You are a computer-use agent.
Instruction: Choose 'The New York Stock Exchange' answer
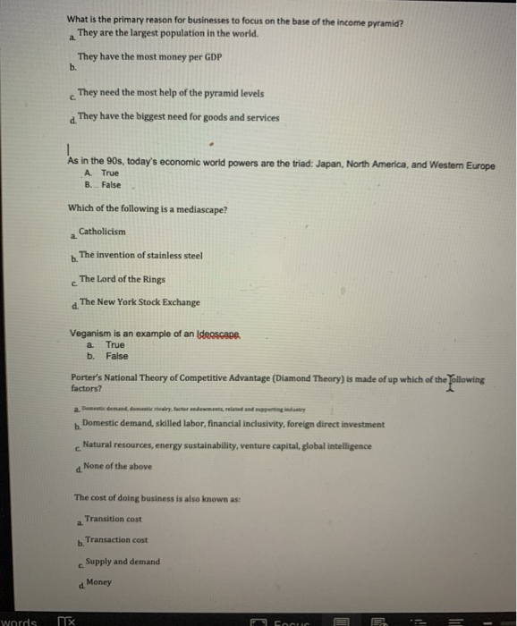click(x=140, y=302)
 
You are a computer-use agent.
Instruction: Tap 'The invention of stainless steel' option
click(x=140, y=255)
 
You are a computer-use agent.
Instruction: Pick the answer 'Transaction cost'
click(x=116, y=539)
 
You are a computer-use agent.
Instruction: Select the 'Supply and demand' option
click(x=123, y=562)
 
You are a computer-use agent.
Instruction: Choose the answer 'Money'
click(x=99, y=582)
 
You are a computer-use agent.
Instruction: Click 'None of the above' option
click(x=117, y=466)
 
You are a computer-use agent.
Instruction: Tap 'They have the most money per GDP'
click(x=149, y=55)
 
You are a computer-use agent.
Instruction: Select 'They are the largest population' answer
click(x=167, y=33)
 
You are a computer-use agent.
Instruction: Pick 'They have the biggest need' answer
click(x=178, y=117)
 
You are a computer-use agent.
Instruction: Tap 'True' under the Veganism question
click(x=114, y=344)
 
